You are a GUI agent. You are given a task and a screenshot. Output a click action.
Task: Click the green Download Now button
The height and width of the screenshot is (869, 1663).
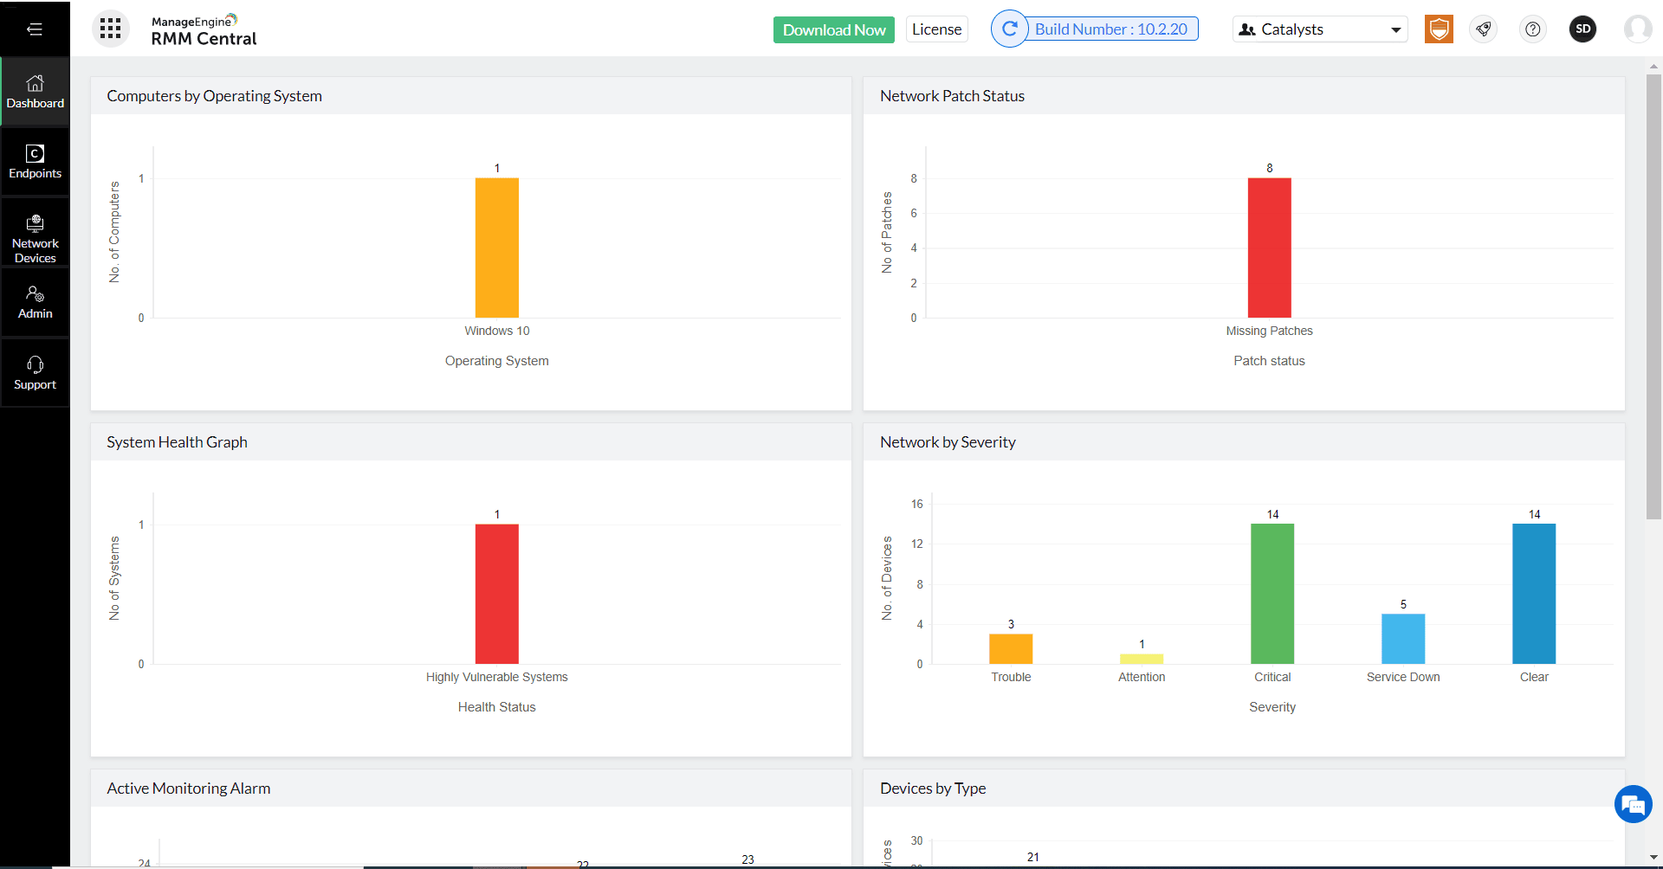[x=833, y=29]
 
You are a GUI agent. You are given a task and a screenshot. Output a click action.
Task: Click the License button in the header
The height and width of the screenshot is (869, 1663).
[x=936, y=29]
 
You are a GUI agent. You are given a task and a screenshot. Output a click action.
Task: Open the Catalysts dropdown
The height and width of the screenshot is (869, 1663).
[x=1319, y=29]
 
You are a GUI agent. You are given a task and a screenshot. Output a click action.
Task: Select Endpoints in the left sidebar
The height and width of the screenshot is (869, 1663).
[x=35, y=162]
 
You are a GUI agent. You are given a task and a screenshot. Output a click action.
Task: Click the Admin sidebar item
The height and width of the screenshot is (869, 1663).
[x=35, y=303]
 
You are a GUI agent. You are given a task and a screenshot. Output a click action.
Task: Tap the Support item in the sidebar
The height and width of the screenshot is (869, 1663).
[x=35, y=373]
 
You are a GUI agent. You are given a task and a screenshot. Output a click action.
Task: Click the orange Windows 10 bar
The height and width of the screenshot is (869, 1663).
[x=496, y=248]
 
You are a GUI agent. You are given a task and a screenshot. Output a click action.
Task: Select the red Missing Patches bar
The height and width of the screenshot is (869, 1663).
[x=1269, y=248]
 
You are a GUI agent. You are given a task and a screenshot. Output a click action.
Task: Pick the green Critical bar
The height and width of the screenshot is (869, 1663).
[x=1272, y=594]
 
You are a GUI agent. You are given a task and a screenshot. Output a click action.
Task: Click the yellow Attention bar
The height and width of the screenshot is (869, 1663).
[x=1141, y=659]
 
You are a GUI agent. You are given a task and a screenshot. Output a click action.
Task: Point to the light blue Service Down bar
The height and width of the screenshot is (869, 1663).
[x=1402, y=639]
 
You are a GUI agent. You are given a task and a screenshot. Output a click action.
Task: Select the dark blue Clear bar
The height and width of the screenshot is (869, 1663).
[x=1533, y=594]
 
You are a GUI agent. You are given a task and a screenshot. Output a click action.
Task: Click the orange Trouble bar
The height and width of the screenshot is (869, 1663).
[x=1010, y=649]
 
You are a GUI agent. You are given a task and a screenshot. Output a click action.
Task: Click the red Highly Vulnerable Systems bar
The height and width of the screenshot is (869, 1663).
[x=496, y=594]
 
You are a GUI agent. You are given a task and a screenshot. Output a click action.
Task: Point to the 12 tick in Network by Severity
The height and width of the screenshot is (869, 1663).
[x=916, y=544]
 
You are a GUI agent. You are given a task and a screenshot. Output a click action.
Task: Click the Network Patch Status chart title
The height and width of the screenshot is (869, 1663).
[x=952, y=96]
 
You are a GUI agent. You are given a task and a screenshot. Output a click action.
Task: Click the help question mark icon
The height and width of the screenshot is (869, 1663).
[x=1532, y=29]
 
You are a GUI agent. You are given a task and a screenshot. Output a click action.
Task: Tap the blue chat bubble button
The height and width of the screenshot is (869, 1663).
[x=1633, y=805]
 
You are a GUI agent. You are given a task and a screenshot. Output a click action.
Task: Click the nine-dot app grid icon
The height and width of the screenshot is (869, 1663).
[x=110, y=29]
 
